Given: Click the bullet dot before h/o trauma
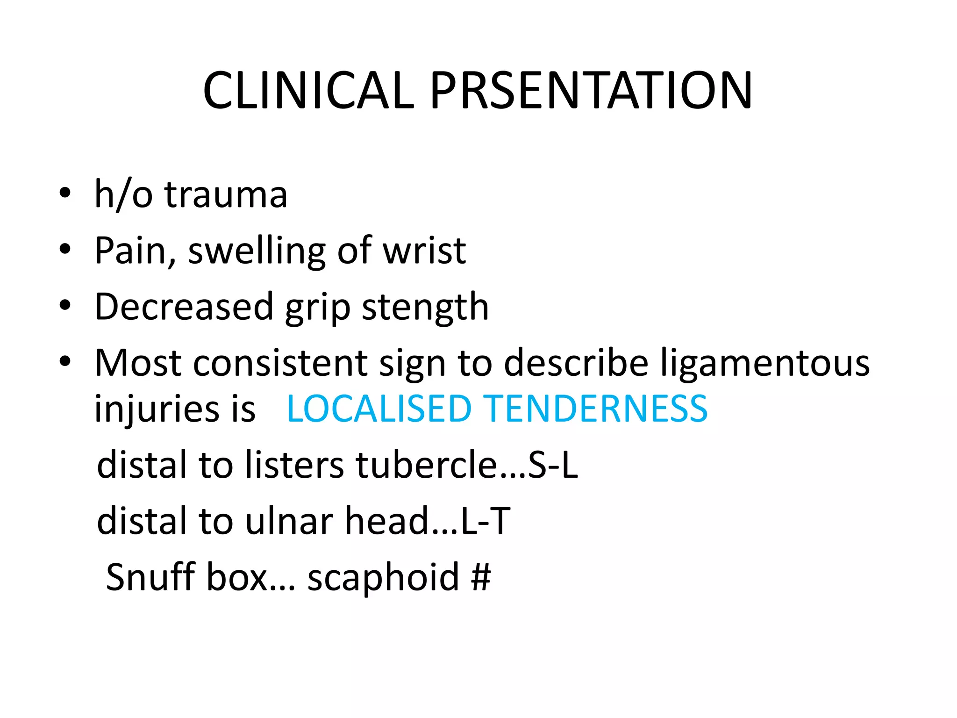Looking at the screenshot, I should pyautogui.click(x=65, y=193).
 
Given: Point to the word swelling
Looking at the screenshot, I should pyautogui.click(x=257, y=251).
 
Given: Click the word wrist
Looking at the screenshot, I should pyautogui.click(x=424, y=251).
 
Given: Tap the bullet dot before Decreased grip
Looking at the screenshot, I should pyautogui.click(x=65, y=305).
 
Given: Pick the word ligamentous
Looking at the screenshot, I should pyautogui.click(x=765, y=364).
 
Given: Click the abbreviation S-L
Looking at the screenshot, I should pyautogui.click(x=553, y=465).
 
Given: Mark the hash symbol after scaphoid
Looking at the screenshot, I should pyautogui.click(x=481, y=577).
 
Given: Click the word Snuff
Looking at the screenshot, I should pyautogui.click(x=150, y=577).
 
